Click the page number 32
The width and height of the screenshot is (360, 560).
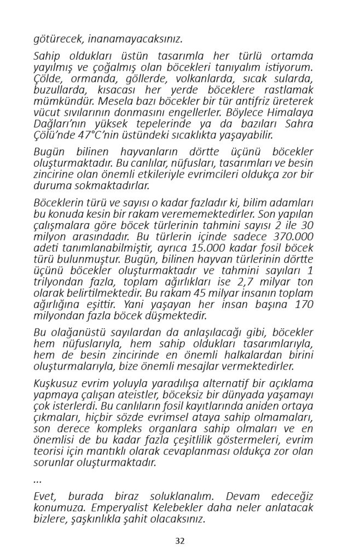click(180, 541)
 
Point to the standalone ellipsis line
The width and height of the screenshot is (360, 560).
click(37, 481)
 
